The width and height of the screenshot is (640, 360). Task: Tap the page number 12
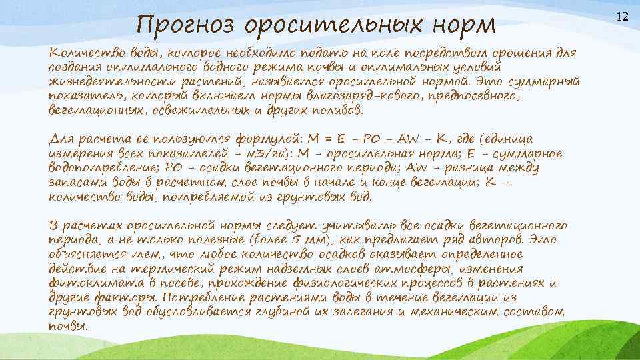click(623, 15)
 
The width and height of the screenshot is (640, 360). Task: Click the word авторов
click(493, 241)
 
